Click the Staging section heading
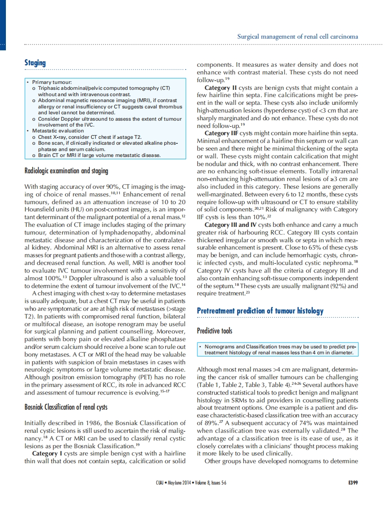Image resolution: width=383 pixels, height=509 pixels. pyautogui.click(x=35, y=63)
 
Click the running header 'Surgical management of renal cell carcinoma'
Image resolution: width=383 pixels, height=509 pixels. pyautogui.click(x=298, y=36)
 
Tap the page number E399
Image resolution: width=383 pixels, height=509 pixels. pyautogui.click(x=351, y=482)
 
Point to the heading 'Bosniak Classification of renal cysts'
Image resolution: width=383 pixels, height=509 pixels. pyautogui.click(x=66, y=407)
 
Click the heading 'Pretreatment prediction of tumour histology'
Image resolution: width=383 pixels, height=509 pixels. pyautogui.click(x=260, y=311)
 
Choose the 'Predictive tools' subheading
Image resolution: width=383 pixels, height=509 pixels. pyautogui.click(x=214, y=331)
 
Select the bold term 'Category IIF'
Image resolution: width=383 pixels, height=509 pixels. pyautogui.click(x=221, y=133)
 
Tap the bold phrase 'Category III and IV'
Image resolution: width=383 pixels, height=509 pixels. pyautogui.click(x=232, y=225)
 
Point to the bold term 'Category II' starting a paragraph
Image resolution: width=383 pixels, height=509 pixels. pyautogui.click(x=220, y=88)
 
